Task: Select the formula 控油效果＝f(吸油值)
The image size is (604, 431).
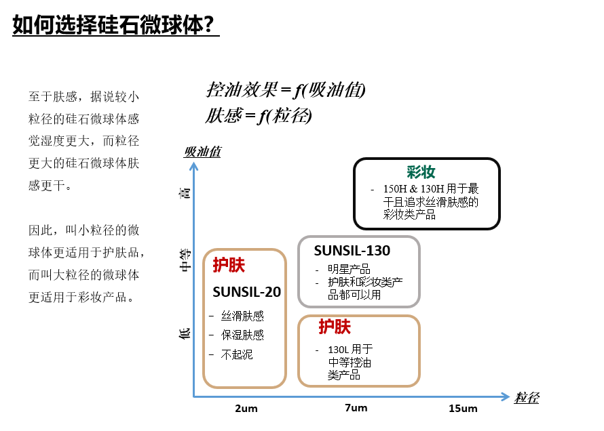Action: pyautogui.click(x=286, y=90)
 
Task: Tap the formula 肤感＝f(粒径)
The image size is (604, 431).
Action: pyautogui.click(x=259, y=116)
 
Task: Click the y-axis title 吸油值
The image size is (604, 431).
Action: pyautogui.click(x=202, y=151)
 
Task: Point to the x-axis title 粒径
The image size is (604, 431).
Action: pyautogui.click(x=527, y=397)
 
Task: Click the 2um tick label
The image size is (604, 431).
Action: pyautogui.click(x=246, y=409)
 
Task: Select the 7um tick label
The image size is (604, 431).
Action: pyautogui.click(x=356, y=408)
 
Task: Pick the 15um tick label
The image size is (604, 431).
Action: pyautogui.click(x=463, y=409)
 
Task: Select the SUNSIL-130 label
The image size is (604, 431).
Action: pyautogui.click(x=352, y=251)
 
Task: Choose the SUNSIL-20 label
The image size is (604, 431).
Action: pyautogui.click(x=246, y=292)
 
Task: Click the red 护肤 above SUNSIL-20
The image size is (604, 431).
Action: pyautogui.click(x=229, y=265)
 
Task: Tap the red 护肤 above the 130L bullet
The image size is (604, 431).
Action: pyautogui.click(x=335, y=327)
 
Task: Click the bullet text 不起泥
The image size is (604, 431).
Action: pyautogui.click(x=237, y=354)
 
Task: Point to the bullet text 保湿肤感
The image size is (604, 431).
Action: pyautogui.click(x=242, y=335)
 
